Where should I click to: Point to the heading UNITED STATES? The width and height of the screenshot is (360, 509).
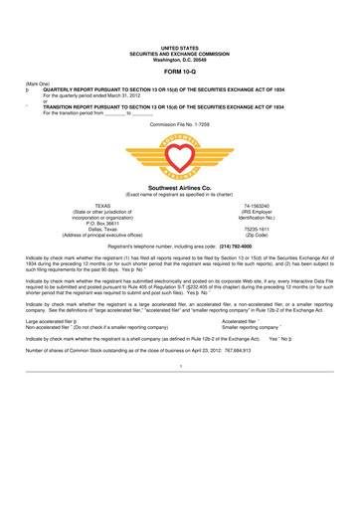pos(180,20)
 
